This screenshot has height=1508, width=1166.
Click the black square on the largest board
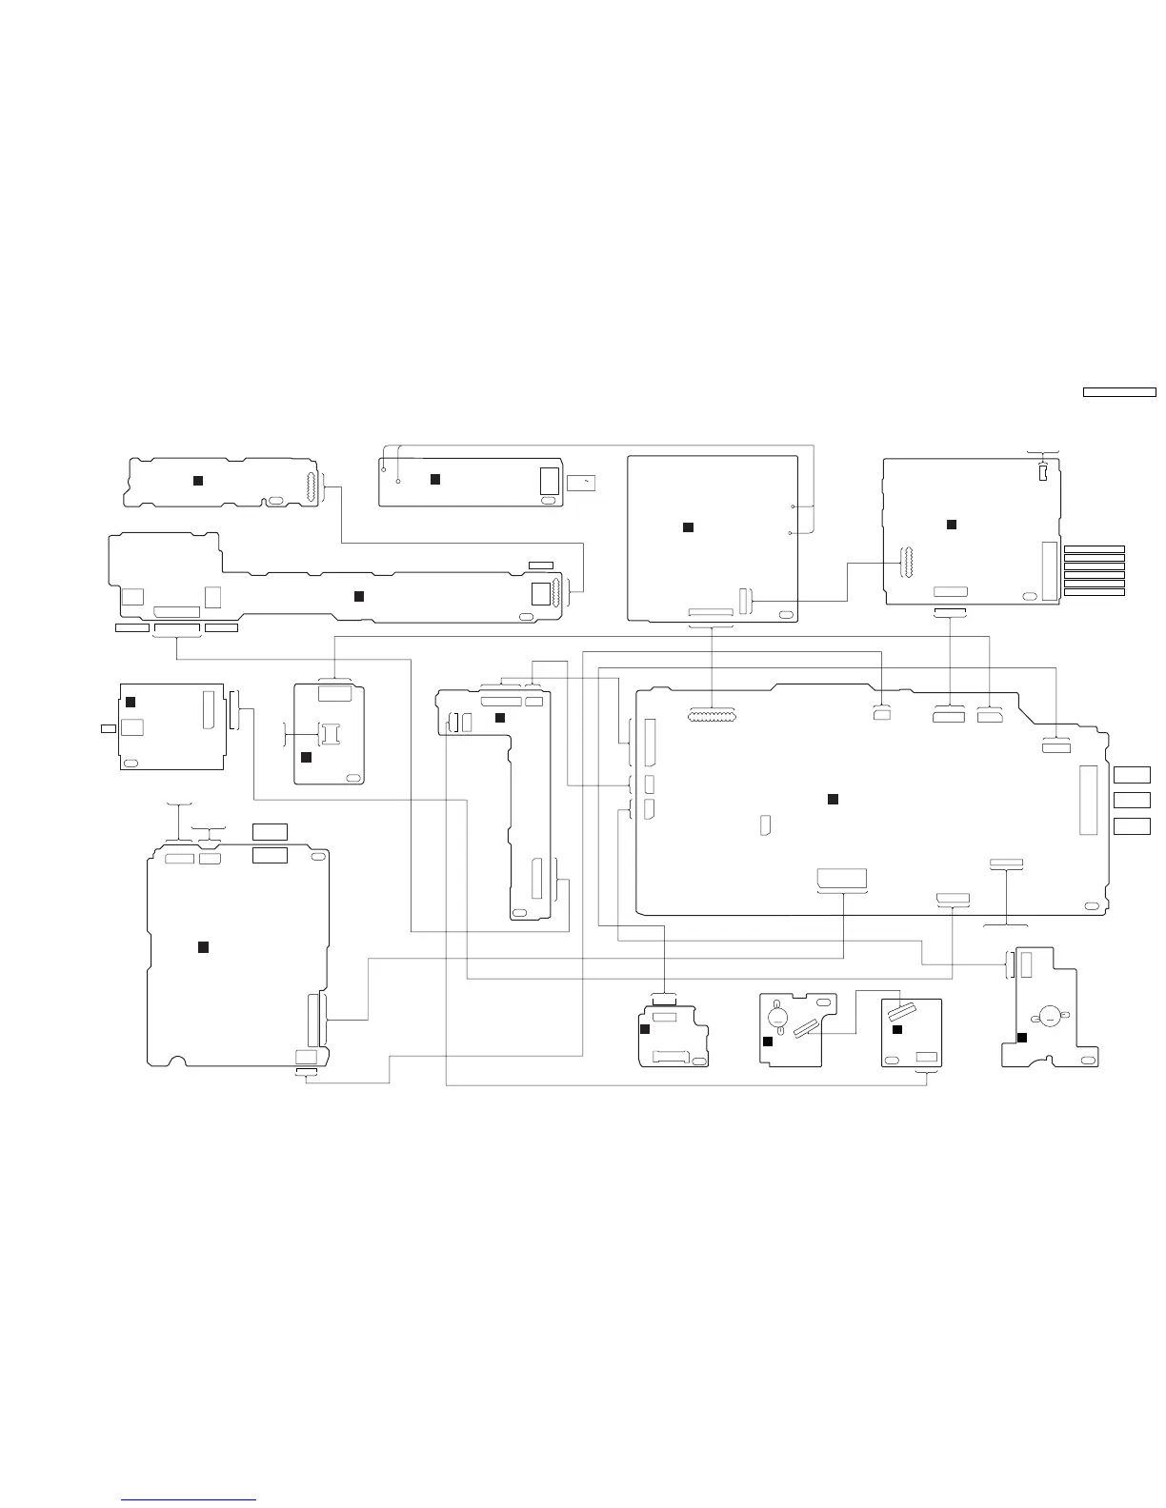832,798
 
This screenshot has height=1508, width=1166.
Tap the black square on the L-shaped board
499,717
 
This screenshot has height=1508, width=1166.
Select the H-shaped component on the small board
330,732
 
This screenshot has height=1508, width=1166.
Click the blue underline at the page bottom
189,1500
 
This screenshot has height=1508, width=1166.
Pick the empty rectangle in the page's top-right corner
1119,391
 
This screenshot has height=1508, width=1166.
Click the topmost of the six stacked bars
1094,549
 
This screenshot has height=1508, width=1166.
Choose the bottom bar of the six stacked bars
1094,592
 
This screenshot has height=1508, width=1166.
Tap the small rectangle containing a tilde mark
581,483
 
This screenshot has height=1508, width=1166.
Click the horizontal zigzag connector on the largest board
711,714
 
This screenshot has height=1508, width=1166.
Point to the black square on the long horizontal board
359,596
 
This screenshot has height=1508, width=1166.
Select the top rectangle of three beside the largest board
1132,774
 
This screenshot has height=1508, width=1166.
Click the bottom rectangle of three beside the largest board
1132,825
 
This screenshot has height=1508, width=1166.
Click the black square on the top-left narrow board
198,480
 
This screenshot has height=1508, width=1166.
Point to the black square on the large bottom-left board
202,946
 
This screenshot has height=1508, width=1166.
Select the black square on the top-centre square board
687,526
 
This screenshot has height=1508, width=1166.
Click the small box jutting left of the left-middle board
109,728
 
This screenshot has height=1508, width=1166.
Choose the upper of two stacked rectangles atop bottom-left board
270,831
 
